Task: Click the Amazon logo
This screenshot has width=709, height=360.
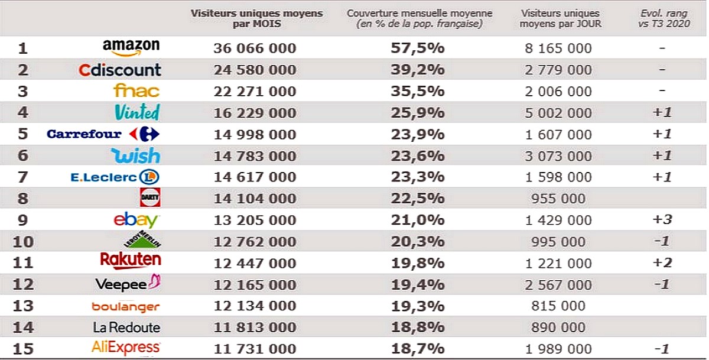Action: coord(131,47)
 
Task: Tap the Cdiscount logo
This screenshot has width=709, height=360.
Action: coord(120,70)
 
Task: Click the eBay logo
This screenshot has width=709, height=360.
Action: coord(136,220)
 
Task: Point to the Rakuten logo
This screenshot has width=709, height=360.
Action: coord(131,260)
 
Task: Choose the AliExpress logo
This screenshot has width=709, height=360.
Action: coord(126,347)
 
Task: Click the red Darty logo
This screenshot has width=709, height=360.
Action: coord(150,197)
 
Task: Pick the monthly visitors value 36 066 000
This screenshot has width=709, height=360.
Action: coord(255,48)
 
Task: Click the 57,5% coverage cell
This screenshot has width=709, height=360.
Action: coord(418,48)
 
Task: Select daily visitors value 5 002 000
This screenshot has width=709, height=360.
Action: coord(558,113)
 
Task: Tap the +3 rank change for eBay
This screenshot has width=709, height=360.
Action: coord(662,220)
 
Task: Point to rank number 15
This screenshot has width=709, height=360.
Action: coord(23,349)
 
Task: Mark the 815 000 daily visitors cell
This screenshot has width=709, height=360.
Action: coord(558,306)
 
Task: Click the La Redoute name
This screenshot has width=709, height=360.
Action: coord(126,327)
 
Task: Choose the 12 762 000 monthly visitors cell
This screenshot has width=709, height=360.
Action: coord(255,242)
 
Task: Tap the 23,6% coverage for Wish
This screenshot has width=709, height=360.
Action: coord(418,156)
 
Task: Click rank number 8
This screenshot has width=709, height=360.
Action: coord(23,199)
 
